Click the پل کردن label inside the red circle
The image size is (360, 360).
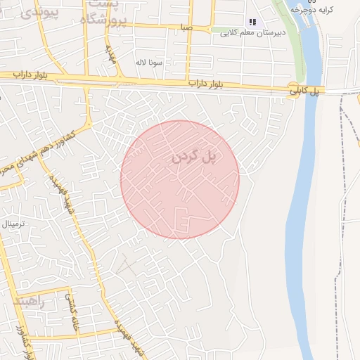[193, 157]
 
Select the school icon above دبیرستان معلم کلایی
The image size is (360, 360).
[252, 22]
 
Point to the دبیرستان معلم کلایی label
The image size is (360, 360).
[252, 33]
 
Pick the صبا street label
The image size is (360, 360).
[186, 27]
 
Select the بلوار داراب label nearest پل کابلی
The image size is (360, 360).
[210, 84]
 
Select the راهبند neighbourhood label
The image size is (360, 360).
[28, 302]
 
